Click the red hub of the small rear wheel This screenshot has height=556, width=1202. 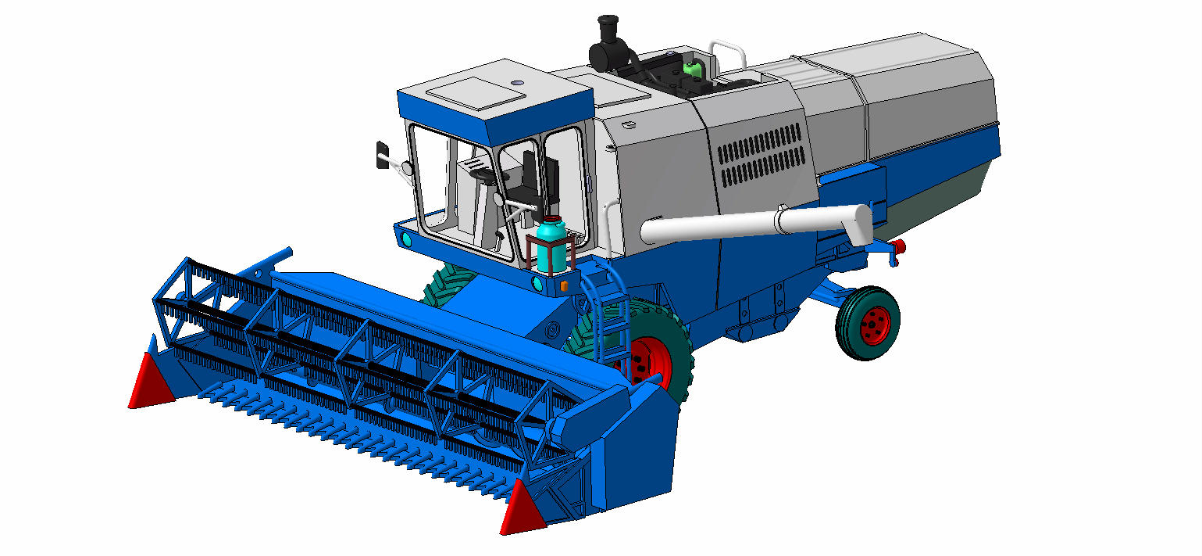coord(874,325)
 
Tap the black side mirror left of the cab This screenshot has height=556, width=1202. coord(383,153)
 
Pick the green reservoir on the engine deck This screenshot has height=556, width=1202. coord(691,66)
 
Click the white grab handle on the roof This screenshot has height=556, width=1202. coord(728,53)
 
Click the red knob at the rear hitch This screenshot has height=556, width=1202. coord(899,247)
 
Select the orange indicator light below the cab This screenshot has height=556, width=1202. coord(563,286)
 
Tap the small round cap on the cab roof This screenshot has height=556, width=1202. coord(518,82)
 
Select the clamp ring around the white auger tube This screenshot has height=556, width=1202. coord(781,221)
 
